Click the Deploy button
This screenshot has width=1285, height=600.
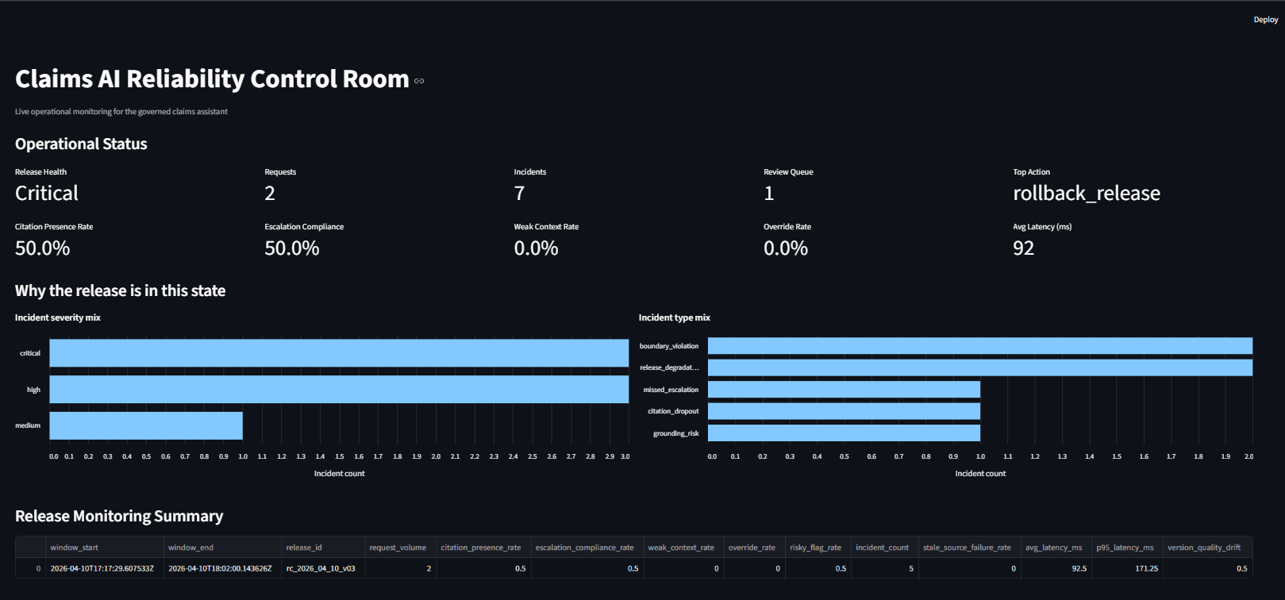tap(1265, 20)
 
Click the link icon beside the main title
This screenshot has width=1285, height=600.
tap(419, 81)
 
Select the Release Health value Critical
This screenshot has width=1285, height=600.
tap(47, 194)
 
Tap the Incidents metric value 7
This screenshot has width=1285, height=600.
tap(519, 194)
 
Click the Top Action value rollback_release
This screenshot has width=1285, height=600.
tap(1086, 194)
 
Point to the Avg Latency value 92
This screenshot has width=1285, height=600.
tap(1023, 248)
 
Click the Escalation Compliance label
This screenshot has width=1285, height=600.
tap(304, 227)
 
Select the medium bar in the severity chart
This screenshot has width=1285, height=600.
tap(146, 425)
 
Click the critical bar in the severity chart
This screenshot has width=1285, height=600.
tap(339, 353)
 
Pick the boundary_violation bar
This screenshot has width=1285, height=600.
tap(979, 346)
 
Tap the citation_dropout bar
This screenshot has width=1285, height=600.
tap(844, 411)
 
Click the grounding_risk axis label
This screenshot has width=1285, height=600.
tap(675, 433)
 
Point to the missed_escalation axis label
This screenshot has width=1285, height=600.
tap(671, 390)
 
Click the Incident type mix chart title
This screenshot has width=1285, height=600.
tap(674, 317)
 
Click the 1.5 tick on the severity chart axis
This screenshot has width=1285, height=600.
tap(340, 457)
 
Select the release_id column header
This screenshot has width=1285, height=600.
tap(304, 548)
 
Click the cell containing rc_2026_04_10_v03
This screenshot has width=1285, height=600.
tap(321, 568)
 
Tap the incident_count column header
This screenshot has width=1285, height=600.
tap(882, 548)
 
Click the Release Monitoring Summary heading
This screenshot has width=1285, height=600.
tap(119, 517)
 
